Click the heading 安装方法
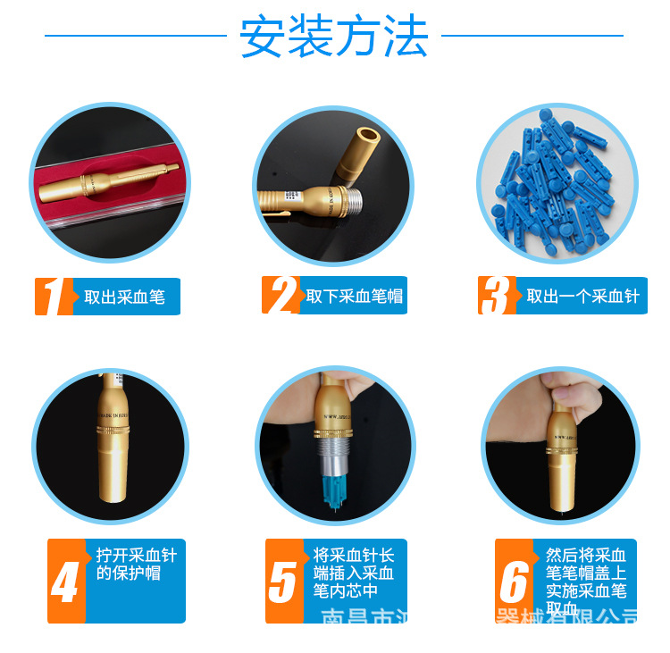(334, 38)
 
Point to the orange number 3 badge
(497, 296)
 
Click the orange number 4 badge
(65, 582)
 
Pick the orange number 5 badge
(282, 582)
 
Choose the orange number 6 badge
(514, 582)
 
